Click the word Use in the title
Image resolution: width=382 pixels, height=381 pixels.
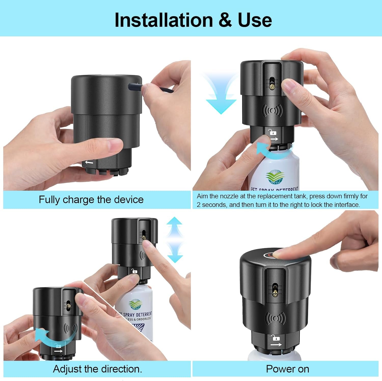pyautogui.click(x=255, y=20)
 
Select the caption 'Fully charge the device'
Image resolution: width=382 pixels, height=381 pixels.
pyautogui.click(x=91, y=200)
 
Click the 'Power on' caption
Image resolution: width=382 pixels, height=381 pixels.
pyautogui.click(x=287, y=369)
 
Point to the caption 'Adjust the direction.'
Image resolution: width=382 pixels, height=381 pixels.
pyautogui.click(x=98, y=369)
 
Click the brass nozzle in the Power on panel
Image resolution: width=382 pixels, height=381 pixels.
pyautogui.click(x=275, y=294)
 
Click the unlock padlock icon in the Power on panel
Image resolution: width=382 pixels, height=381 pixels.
pyautogui.click(x=276, y=338)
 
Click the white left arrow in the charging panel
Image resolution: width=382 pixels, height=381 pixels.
pyautogui.click(x=89, y=162)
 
